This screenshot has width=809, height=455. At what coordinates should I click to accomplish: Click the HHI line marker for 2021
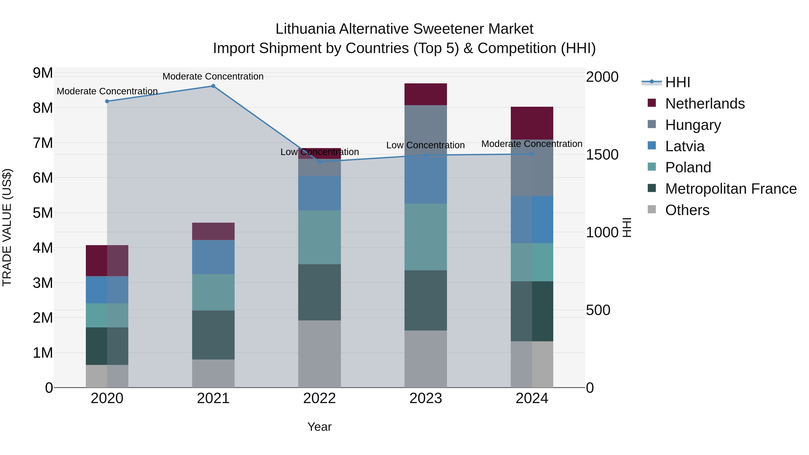213,86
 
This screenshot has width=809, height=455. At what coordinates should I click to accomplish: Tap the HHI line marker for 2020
107,101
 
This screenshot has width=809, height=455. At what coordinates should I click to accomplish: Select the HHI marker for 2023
426,155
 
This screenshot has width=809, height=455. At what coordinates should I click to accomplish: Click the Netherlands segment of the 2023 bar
426,94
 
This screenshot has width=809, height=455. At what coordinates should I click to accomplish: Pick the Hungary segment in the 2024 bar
532,168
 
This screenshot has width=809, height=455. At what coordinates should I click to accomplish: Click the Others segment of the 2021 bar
213,373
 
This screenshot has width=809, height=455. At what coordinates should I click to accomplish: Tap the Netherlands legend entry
705,104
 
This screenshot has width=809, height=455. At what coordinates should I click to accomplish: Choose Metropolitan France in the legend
731,189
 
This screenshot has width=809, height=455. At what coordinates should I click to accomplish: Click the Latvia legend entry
685,146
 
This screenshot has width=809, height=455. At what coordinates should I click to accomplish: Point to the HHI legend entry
677,82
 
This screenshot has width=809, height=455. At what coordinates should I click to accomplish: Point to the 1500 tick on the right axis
602,155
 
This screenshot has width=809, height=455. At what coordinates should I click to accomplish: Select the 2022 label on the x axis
319,398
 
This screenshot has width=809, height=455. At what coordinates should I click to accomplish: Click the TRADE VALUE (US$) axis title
7,227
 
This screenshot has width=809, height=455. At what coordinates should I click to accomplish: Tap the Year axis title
319,427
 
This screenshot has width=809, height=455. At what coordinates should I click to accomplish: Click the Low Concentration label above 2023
426,145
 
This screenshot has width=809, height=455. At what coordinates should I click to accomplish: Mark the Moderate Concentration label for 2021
213,76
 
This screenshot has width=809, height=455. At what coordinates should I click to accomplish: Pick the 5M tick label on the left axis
43,213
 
